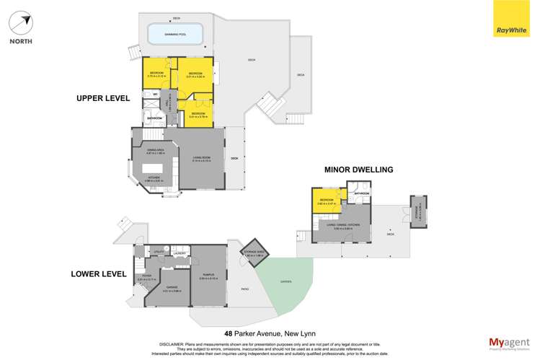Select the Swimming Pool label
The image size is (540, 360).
[x=175, y=32]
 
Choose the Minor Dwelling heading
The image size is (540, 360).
[x=358, y=170]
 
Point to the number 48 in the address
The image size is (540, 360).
[x=229, y=333]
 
